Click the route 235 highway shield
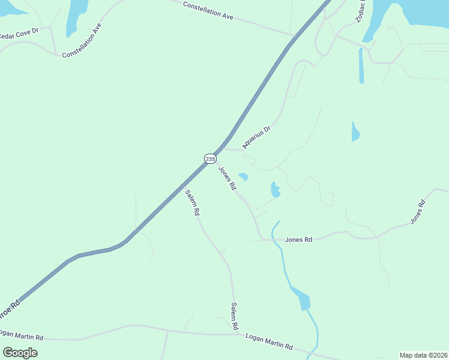coord(209,158)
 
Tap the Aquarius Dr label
coord(257,137)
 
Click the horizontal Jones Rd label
coord(298,240)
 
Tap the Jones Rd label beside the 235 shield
coord(227,179)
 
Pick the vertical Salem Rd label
coord(235,316)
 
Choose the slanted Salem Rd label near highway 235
coord(191,203)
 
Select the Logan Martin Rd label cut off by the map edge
coord(22,335)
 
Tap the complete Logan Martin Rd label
coord(269,341)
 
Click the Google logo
coord(20,353)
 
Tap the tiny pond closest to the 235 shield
coord(243,176)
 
